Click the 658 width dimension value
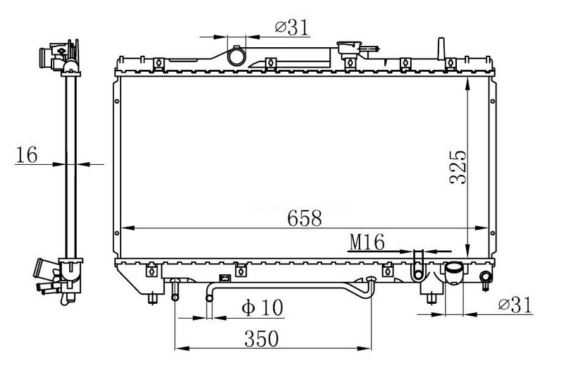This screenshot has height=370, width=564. point(305,218)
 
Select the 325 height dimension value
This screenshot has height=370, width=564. point(458,167)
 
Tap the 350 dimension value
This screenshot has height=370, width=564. point(262,338)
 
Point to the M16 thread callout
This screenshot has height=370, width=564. point(367,242)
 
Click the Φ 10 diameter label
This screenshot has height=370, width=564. point(262,307)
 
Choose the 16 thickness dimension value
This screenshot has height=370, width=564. point(27,155)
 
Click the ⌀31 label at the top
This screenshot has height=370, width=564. point(292,27)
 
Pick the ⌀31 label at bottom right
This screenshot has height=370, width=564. point(515,305)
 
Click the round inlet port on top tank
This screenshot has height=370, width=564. point(236,56)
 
